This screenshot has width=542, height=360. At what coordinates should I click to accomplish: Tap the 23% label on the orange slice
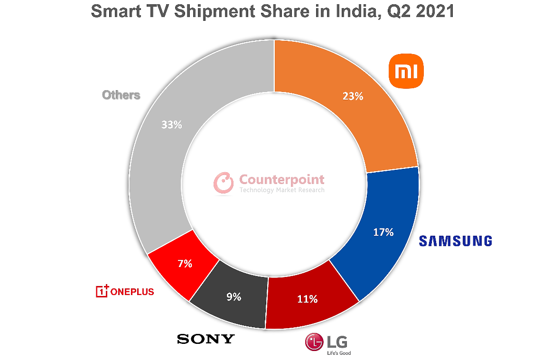353,96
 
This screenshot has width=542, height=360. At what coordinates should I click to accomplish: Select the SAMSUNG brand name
455,241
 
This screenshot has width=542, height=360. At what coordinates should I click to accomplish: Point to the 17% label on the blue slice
383,232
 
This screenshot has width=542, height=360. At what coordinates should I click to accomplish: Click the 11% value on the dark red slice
307,299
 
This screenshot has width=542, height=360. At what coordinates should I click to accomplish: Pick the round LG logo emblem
314,342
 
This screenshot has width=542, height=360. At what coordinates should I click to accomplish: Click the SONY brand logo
206,339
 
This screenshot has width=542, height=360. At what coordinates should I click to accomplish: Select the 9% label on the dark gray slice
234,297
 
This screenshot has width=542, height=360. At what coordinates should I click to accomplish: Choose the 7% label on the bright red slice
184,264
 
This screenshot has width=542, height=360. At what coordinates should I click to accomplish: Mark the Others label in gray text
121,95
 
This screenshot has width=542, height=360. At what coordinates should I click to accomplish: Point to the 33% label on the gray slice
171,125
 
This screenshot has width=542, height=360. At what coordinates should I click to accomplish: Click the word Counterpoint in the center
282,179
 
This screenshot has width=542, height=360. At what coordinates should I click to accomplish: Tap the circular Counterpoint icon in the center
224,183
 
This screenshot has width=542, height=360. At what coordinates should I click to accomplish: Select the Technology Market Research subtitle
282,190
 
